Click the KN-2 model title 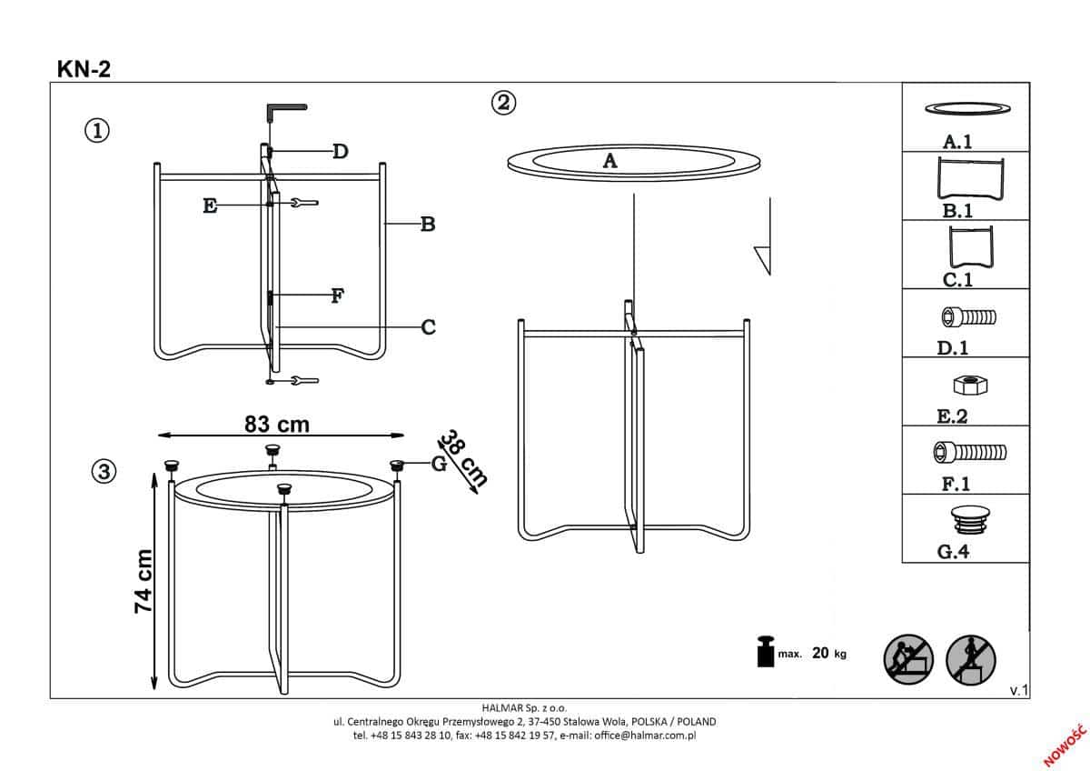[84, 69]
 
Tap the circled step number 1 [97, 131]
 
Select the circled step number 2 [503, 103]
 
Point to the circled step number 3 [104, 472]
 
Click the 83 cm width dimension [277, 425]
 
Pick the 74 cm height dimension [144, 581]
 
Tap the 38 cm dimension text [462, 458]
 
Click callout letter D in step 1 [341, 152]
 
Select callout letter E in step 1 [210, 206]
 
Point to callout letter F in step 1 [337, 295]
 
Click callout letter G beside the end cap [439, 464]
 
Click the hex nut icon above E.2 [970, 385]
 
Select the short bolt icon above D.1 [968, 317]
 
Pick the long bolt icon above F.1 [970, 453]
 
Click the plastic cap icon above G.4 [970, 521]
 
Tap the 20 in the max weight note [820, 653]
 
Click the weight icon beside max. [766, 651]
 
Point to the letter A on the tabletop [610, 161]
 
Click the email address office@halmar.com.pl [645, 736]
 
